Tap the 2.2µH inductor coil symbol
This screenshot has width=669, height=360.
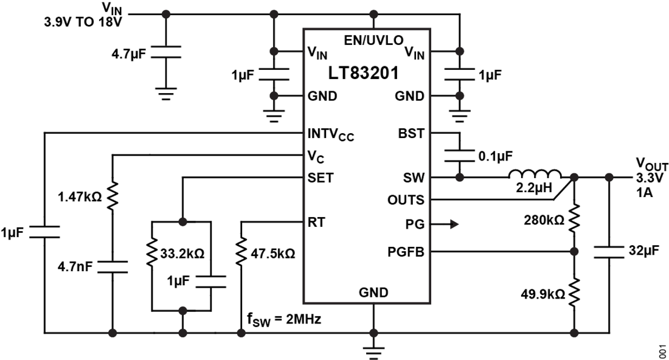[535, 174]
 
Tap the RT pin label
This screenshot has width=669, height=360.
[317, 223]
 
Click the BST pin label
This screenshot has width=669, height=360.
[411, 133]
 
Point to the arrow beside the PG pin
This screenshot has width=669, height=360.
[450, 224]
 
